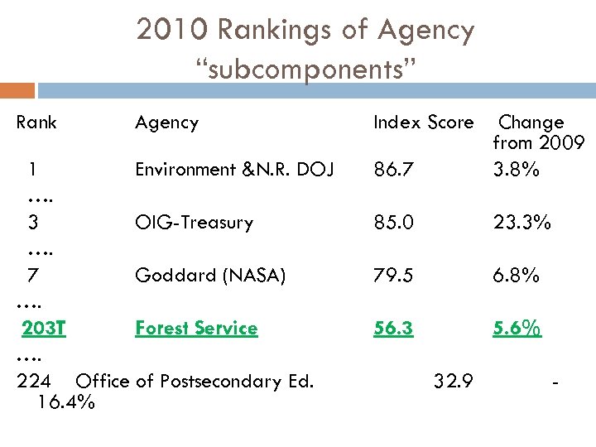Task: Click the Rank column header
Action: click(x=36, y=123)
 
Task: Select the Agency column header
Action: click(x=167, y=123)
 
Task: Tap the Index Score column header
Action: click(x=423, y=123)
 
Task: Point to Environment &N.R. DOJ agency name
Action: click(x=235, y=170)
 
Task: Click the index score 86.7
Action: click(x=392, y=171)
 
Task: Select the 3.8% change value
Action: click(x=516, y=170)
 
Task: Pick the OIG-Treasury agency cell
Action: click(x=195, y=223)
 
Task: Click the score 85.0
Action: click(x=393, y=223)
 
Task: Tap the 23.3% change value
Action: click(x=521, y=223)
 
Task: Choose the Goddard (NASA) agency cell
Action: click(x=210, y=276)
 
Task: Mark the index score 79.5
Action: click(x=393, y=276)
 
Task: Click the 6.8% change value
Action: click(x=516, y=276)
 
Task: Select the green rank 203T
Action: click(x=44, y=329)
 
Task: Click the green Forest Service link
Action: click(x=196, y=329)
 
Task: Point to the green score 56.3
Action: click(x=393, y=329)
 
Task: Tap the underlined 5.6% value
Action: click(x=517, y=329)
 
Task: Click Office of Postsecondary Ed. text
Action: click(x=195, y=382)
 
